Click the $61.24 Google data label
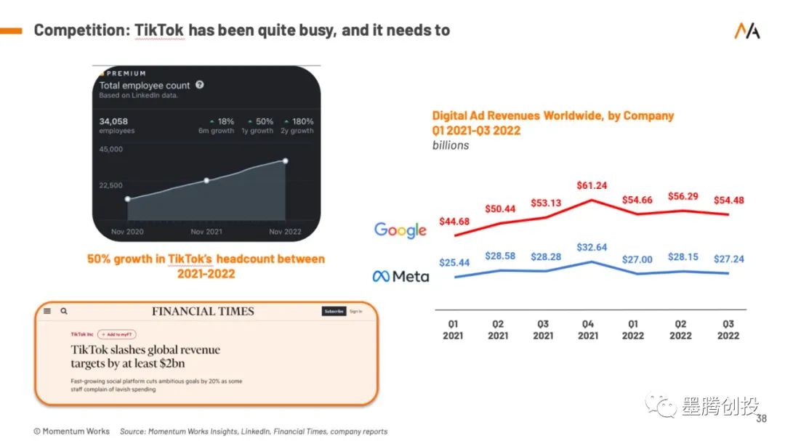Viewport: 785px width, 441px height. (x=591, y=186)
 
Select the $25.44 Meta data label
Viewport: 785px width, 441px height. (x=454, y=262)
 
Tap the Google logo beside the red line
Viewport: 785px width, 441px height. (x=400, y=230)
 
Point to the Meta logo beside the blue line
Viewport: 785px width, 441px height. (x=400, y=276)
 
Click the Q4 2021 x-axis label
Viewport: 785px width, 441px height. (x=588, y=330)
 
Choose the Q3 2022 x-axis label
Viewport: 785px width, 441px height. (x=728, y=330)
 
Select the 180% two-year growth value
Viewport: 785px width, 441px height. (x=301, y=121)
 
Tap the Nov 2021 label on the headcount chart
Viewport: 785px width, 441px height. (x=206, y=232)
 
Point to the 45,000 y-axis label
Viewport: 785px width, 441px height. (x=111, y=150)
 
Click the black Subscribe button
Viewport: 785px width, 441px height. (x=334, y=311)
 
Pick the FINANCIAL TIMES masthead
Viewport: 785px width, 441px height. (x=203, y=311)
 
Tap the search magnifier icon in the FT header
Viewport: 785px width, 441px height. (x=64, y=311)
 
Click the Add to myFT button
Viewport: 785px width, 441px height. (x=116, y=334)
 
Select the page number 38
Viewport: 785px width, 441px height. (x=761, y=419)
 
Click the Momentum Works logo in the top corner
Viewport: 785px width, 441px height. (x=746, y=31)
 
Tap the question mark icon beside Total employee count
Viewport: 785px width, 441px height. (x=200, y=85)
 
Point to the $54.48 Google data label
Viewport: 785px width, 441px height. (x=729, y=201)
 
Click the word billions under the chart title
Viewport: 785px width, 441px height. (x=451, y=145)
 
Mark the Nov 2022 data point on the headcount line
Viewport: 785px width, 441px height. (x=286, y=161)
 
